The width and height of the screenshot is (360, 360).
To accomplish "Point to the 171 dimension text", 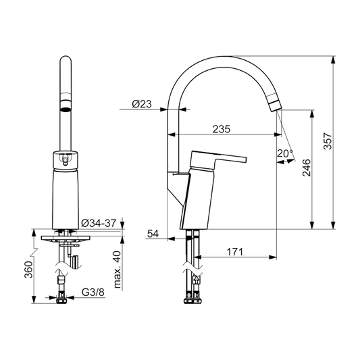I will pyautogui.click(x=234, y=251).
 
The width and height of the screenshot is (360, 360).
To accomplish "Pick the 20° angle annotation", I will pyautogui.click(x=284, y=153).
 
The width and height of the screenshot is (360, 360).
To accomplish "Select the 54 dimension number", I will pyautogui.click(x=153, y=234).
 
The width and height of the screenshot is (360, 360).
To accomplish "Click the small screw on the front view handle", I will pyautogui.click(x=65, y=161).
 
